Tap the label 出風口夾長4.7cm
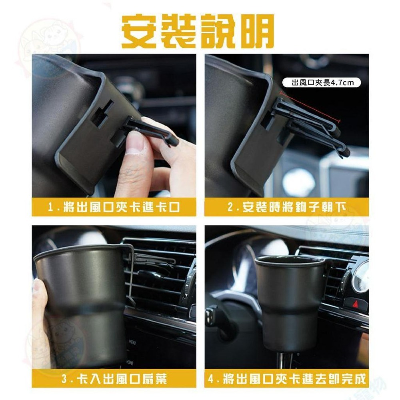point(323,83)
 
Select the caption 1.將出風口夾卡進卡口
point(114,208)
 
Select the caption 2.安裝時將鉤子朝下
point(286,208)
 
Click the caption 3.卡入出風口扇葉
point(114,379)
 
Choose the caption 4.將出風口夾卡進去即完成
point(286,379)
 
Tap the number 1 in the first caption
point(50,208)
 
